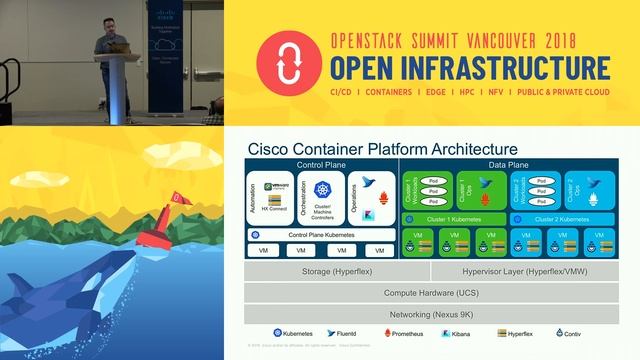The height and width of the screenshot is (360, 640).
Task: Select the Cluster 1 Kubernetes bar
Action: [x=456, y=218]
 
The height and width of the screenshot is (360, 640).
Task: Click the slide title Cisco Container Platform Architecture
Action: [x=381, y=149]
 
